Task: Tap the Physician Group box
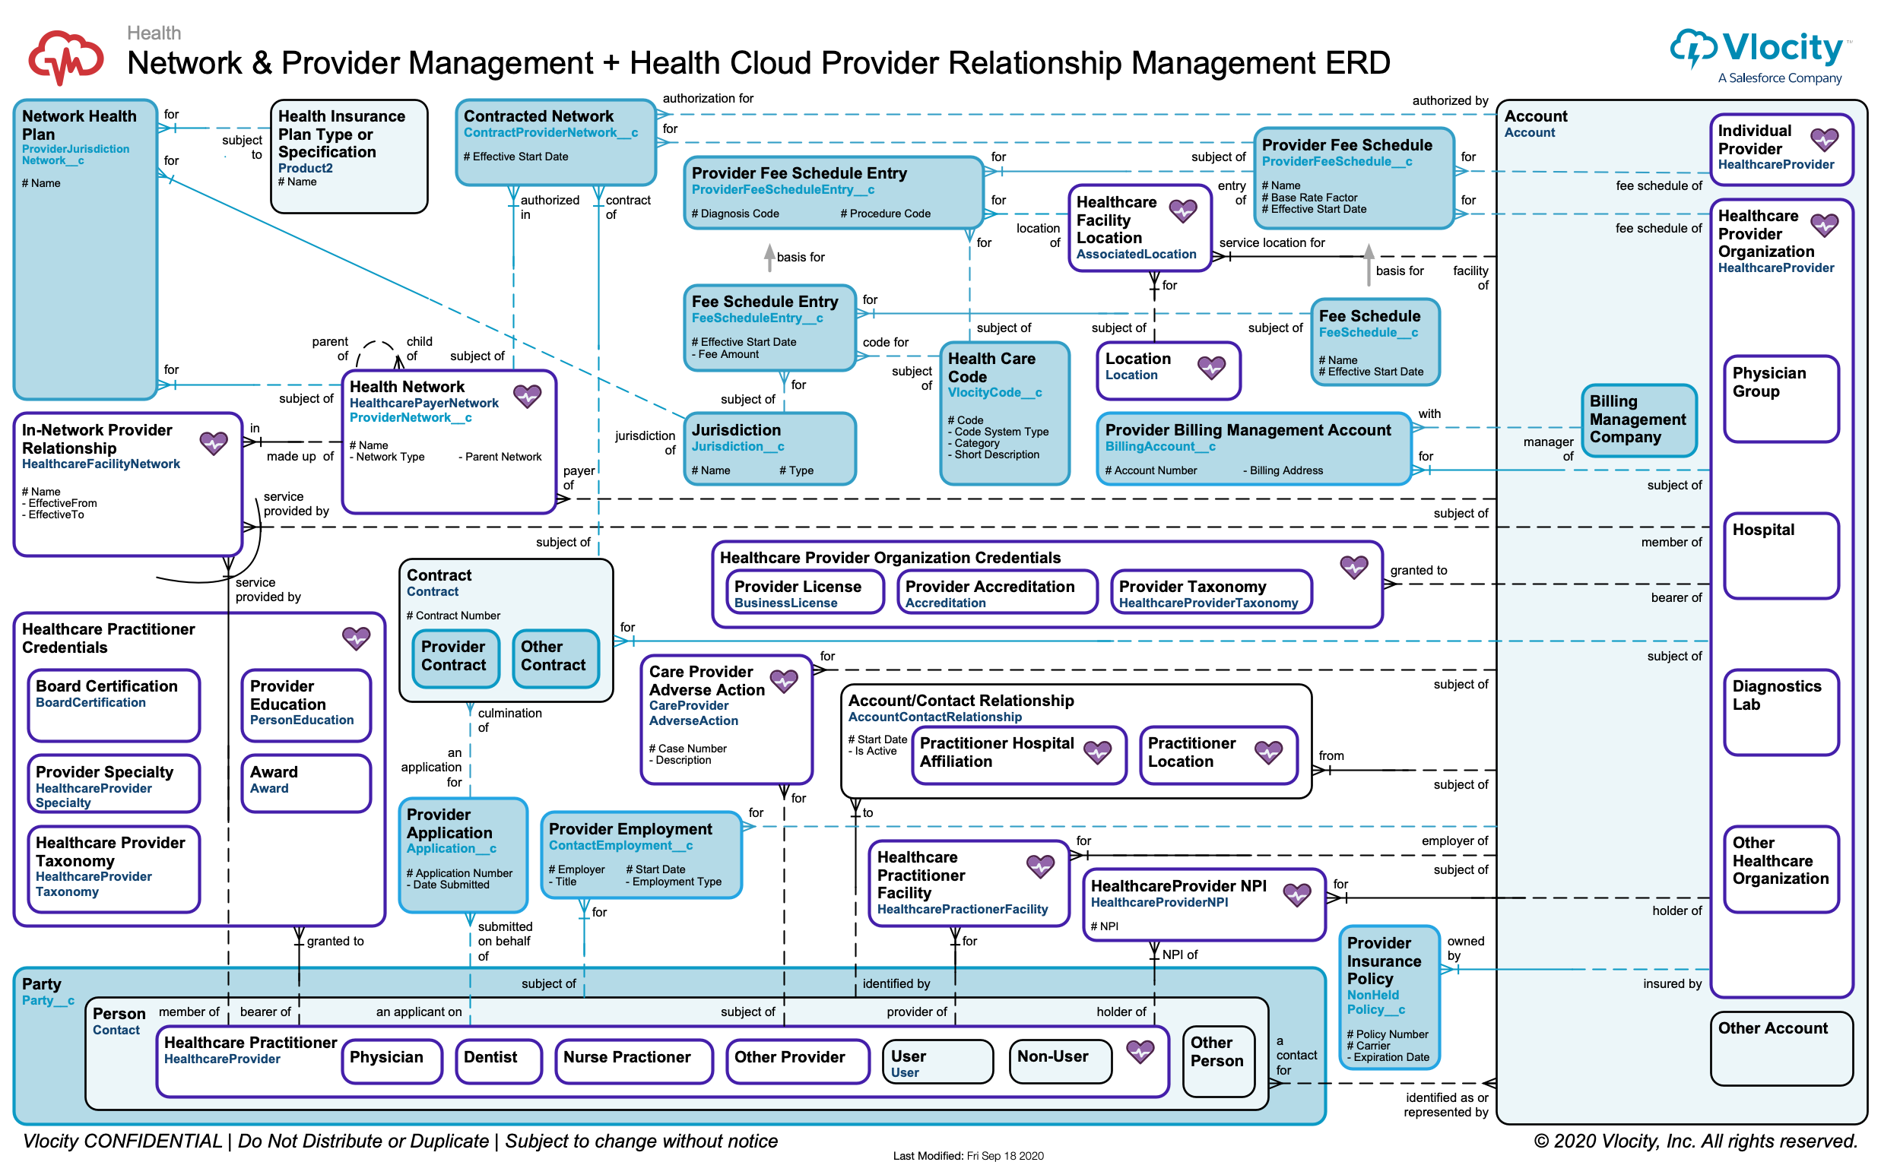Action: pos(1780,398)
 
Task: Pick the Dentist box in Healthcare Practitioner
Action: pos(498,1061)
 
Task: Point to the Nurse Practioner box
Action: pos(633,1061)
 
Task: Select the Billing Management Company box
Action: pos(1638,420)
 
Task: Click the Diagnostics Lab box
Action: pos(1780,711)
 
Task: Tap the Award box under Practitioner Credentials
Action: pos(306,782)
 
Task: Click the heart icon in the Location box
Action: pos(1211,368)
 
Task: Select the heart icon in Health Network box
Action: pos(528,397)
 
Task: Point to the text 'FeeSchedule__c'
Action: pos(1369,333)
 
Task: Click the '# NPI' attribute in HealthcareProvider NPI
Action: pos(1105,927)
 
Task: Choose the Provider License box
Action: pos(805,592)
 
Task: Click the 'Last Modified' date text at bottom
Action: pos(968,1155)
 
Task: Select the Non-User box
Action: pos(1060,1061)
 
